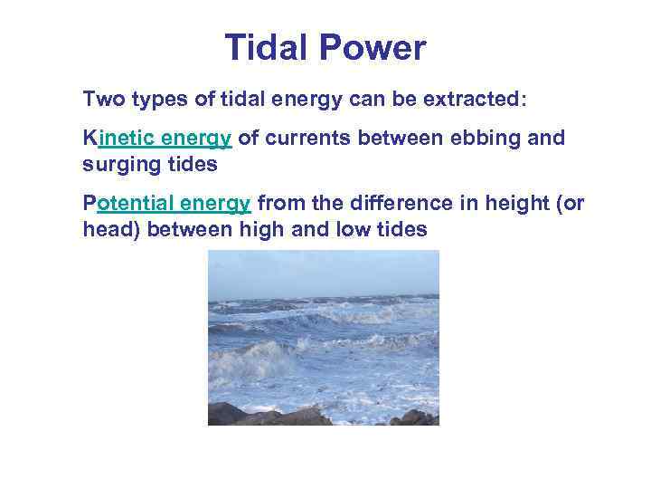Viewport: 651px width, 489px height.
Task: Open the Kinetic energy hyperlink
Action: [x=158, y=138]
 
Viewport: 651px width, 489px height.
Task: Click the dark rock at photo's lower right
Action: [x=418, y=417]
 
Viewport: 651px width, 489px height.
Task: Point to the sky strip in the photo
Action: [x=323, y=270]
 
